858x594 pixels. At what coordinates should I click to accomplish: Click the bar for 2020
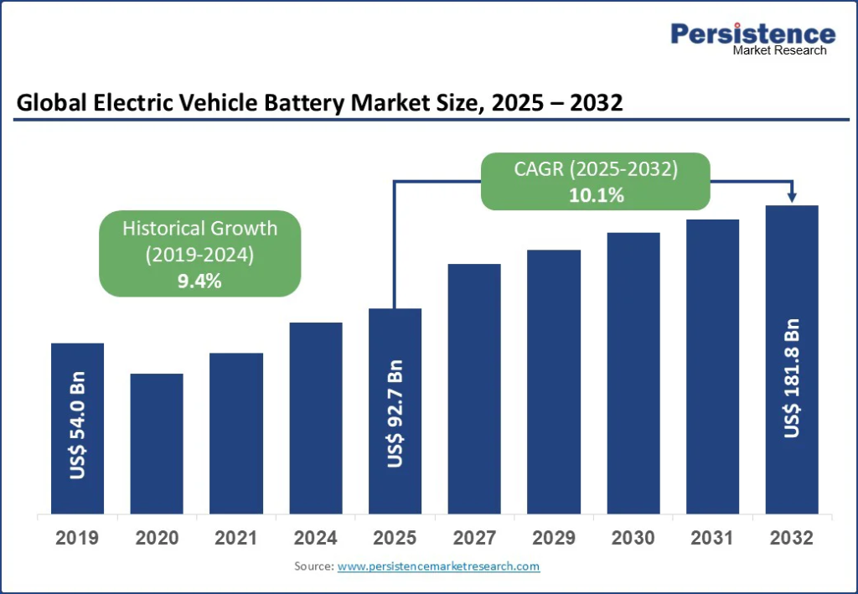[157, 443]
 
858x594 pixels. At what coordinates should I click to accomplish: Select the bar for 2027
[474, 389]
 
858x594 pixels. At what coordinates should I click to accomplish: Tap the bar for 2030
[633, 373]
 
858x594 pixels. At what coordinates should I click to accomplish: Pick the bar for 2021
[236, 433]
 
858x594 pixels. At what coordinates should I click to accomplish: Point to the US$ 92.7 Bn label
[395, 414]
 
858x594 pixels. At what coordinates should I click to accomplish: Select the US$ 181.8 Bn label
[792, 378]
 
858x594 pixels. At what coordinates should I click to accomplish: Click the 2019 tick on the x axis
[77, 538]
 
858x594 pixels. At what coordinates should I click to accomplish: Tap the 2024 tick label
[316, 538]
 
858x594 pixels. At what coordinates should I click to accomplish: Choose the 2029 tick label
[554, 538]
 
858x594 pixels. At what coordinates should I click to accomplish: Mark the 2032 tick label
[792, 538]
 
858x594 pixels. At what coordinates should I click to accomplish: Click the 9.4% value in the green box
[199, 281]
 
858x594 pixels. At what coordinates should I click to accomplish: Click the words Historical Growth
[199, 228]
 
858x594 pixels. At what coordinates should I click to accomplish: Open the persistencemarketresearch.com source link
[438, 566]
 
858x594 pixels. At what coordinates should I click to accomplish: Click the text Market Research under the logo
[779, 50]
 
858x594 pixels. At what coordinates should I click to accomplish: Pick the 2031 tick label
[712, 538]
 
